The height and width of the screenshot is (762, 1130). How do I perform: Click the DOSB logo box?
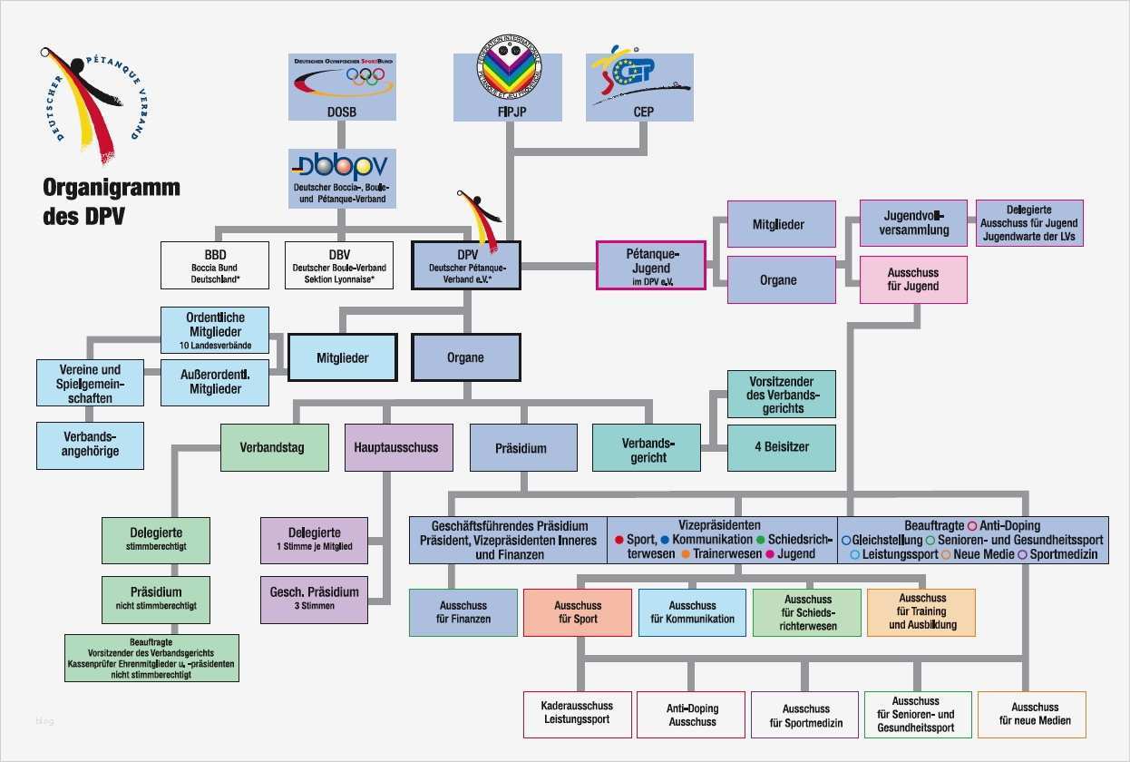coord(342,87)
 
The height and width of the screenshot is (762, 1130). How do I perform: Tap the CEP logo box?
coord(639,87)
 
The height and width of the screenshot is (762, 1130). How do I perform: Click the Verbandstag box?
coord(274,447)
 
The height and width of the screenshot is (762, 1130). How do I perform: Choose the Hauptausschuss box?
coord(398,447)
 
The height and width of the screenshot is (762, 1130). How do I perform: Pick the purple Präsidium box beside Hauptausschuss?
coord(522,447)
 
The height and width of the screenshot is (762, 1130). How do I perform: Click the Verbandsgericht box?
coord(646,447)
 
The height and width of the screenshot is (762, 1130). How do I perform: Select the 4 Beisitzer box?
coord(781,447)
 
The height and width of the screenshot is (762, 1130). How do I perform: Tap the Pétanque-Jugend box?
coord(650,265)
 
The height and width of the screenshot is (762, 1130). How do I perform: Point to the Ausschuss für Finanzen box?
coord(463,612)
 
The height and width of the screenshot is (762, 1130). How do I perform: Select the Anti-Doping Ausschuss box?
coord(691,715)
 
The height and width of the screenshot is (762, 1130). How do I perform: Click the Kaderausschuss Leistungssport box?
coord(577,715)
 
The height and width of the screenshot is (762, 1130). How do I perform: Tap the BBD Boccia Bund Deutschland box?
coord(214,265)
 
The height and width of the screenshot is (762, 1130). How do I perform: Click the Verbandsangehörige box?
coord(90,445)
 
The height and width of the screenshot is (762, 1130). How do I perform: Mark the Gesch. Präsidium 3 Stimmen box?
coord(314,599)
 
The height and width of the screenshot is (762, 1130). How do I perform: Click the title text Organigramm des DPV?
coord(111,202)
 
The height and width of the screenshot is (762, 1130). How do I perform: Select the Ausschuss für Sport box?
coord(577,612)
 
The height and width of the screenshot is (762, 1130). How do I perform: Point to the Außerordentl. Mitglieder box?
coord(214,382)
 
